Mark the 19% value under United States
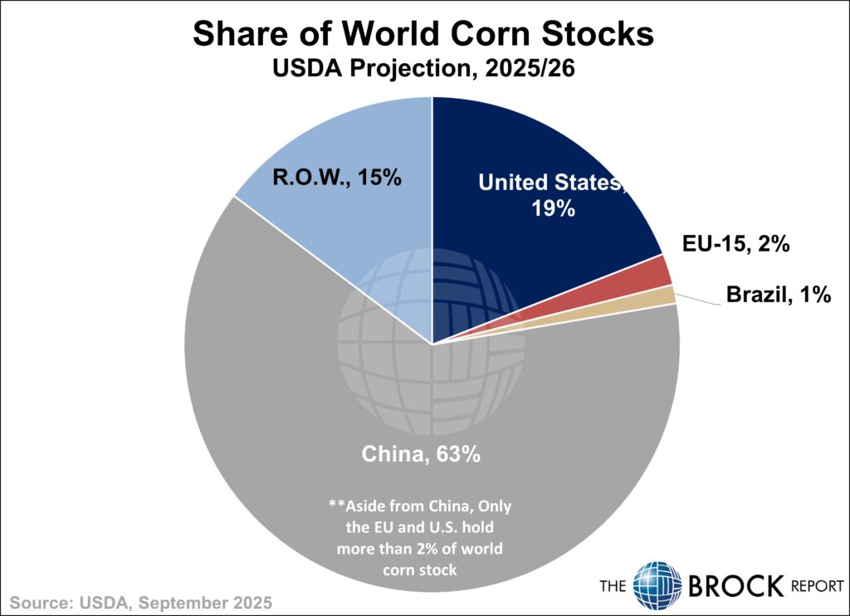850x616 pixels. pos(554,208)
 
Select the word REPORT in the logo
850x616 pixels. pos(816,586)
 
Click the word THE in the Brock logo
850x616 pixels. pos(615,586)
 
